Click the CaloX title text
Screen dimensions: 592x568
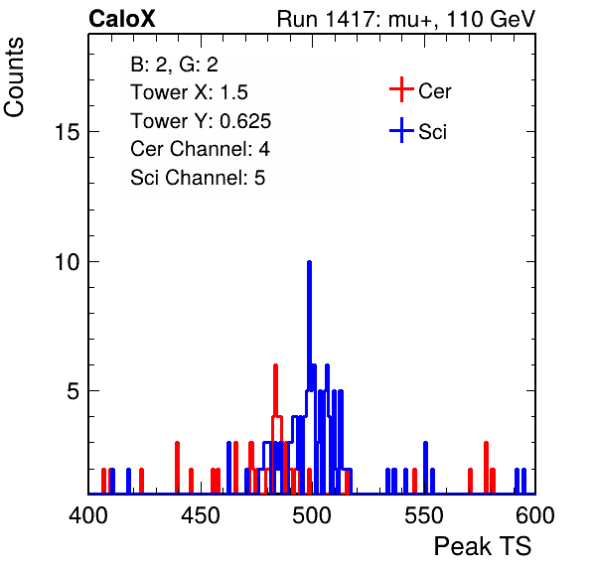[x=122, y=19]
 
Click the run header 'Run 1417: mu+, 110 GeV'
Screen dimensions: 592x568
[x=406, y=19]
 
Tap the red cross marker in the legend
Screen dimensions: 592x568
[x=401, y=89]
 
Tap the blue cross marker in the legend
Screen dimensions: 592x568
[x=401, y=130]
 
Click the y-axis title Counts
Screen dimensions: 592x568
[x=14, y=77]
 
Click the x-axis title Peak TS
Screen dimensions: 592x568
[x=483, y=546]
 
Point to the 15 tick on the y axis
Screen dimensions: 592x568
[x=68, y=132]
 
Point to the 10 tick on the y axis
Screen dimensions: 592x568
[x=68, y=261]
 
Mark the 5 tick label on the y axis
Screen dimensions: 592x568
[x=74, y=391]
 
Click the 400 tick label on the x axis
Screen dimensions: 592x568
[x=88, y=515]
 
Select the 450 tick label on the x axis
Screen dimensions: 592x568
[x=200, y=515]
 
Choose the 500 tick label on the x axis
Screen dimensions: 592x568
[x=312, y=515]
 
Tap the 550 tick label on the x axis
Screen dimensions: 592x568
[x=423, y=515]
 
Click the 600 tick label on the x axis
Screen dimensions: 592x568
[x=535, y=515]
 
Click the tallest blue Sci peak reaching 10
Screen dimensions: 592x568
[x=309, y=325]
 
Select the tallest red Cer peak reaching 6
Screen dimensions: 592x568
[x=275, y=390]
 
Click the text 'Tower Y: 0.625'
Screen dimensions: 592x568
[x=201, y=121]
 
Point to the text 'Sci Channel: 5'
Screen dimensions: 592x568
[x=198, y=178]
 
